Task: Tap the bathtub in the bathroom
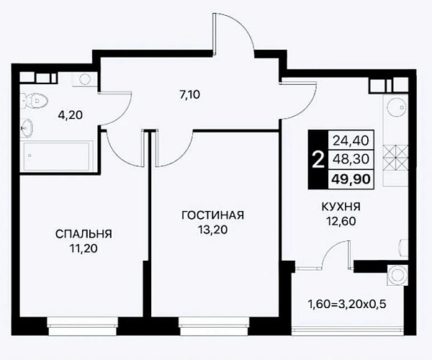(58, 156)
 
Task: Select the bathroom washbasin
(27, 127)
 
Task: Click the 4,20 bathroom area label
(71, 115)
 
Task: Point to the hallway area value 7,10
(189, 95)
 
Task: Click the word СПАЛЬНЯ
(84, 234)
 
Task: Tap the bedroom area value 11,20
(84, 248)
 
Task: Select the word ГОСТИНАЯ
(212, 215)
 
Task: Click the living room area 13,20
(212, 230)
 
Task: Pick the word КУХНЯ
(341, 207)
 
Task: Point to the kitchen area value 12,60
(341, 221)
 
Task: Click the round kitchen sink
(396, 107)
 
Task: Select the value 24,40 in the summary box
(351, 140)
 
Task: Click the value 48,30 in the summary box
(351, 159)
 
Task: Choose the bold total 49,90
(351, 179)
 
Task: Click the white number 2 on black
(318, 160)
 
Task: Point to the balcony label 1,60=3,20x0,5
(347, 305)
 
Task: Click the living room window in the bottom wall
(214, 326)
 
